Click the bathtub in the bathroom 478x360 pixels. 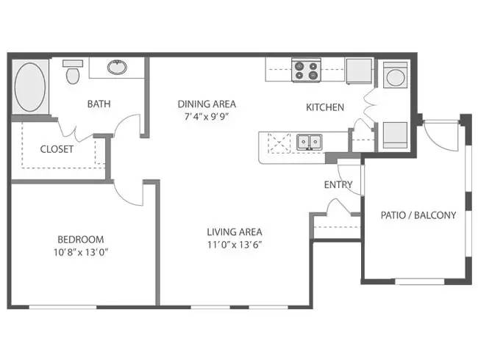click(x=30, y=87)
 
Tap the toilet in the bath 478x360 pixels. click(x=72, y=74)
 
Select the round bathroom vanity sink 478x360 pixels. click(x=116, y=68)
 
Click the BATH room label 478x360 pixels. click(x=99, y=104)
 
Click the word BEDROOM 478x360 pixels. click(x=81, y=240)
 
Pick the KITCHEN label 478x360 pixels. click(x=324, y=107)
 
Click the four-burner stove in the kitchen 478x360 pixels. click(x=307, y=71)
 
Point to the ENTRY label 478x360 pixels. click(x=338, y=184)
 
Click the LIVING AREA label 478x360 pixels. click(x=235, y=231)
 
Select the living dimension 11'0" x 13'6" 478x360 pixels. click(x=235, y=245)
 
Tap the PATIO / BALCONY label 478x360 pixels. click(x=418, y=215)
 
